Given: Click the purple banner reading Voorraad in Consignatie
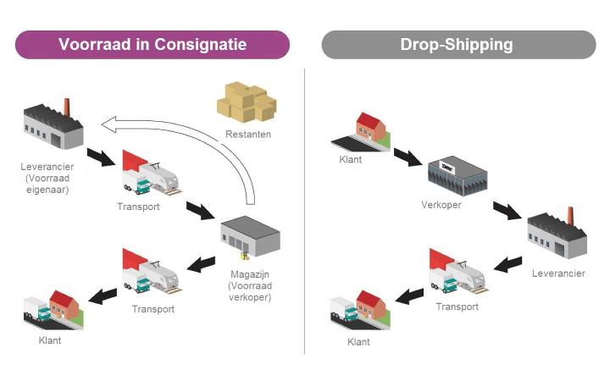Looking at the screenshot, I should pyautogui.click(x=152, y=45).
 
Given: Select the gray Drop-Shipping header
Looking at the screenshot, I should pyautogui.click(x=457, y=45).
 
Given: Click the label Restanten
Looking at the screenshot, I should pyautogui.click(x=248, y=134).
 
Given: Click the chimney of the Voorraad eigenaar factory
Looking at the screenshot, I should pyautogui.click(x=66, y=108).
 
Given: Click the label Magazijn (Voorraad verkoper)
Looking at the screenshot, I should pyautogui.click(x=248, y=285).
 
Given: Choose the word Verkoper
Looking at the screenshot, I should pyautogui.click(x=441, y=205).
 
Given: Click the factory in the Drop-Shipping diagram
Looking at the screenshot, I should pyautogui.click(x=557, y=235).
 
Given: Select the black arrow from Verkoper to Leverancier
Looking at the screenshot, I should pyautogui.click(x=508, y=210).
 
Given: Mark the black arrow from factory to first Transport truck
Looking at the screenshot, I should pyautogui.click(x=102, y=158).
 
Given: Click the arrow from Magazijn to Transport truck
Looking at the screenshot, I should pyautogui.click(x=202, y=264).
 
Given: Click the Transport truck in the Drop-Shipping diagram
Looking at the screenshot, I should pyautogui.click(x=457, y=272).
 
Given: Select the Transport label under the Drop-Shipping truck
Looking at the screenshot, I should pyautogui.click(x=457, y=306).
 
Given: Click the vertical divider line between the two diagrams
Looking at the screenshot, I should pyautogui.click(x=305, y=212).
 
